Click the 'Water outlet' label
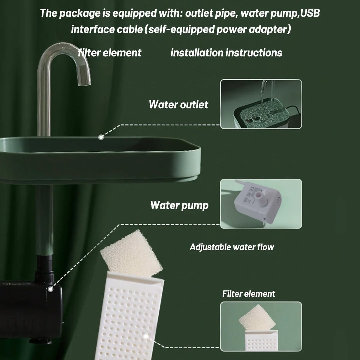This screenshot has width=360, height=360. (x=178, y=104)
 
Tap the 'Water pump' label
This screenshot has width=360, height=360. (x=179, y=205)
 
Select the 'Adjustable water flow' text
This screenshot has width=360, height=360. (x=232, y=247)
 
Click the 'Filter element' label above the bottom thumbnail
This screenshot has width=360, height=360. (x=249, y=294)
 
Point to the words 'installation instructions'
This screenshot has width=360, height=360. (x=226, y=53)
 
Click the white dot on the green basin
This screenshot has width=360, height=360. (x=101, y=137)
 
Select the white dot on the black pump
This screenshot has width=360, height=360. (x=50, y=289)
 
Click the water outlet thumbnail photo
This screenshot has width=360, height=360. (x=261, y=104)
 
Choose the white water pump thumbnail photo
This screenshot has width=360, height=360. (x=261, y=204)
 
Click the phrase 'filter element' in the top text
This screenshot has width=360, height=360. (x=110, y=53)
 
